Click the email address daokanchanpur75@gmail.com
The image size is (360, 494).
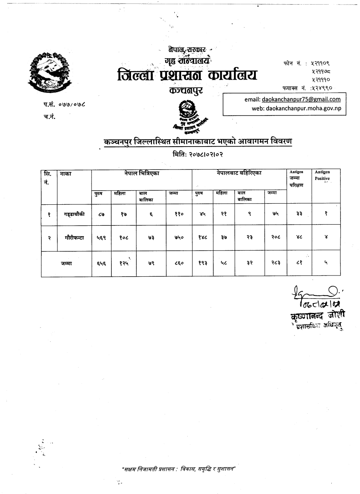point(301,99)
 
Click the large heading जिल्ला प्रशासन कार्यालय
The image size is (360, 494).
point(187,75)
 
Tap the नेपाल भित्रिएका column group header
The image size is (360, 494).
point(141,173)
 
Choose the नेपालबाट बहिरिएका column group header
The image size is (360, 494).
point(239,173)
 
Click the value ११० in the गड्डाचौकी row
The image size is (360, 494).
point(179,214)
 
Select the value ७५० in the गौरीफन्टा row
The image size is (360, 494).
point(179,238)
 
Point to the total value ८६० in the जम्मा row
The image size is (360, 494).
point(179,263)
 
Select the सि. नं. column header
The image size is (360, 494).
point(49,176)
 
